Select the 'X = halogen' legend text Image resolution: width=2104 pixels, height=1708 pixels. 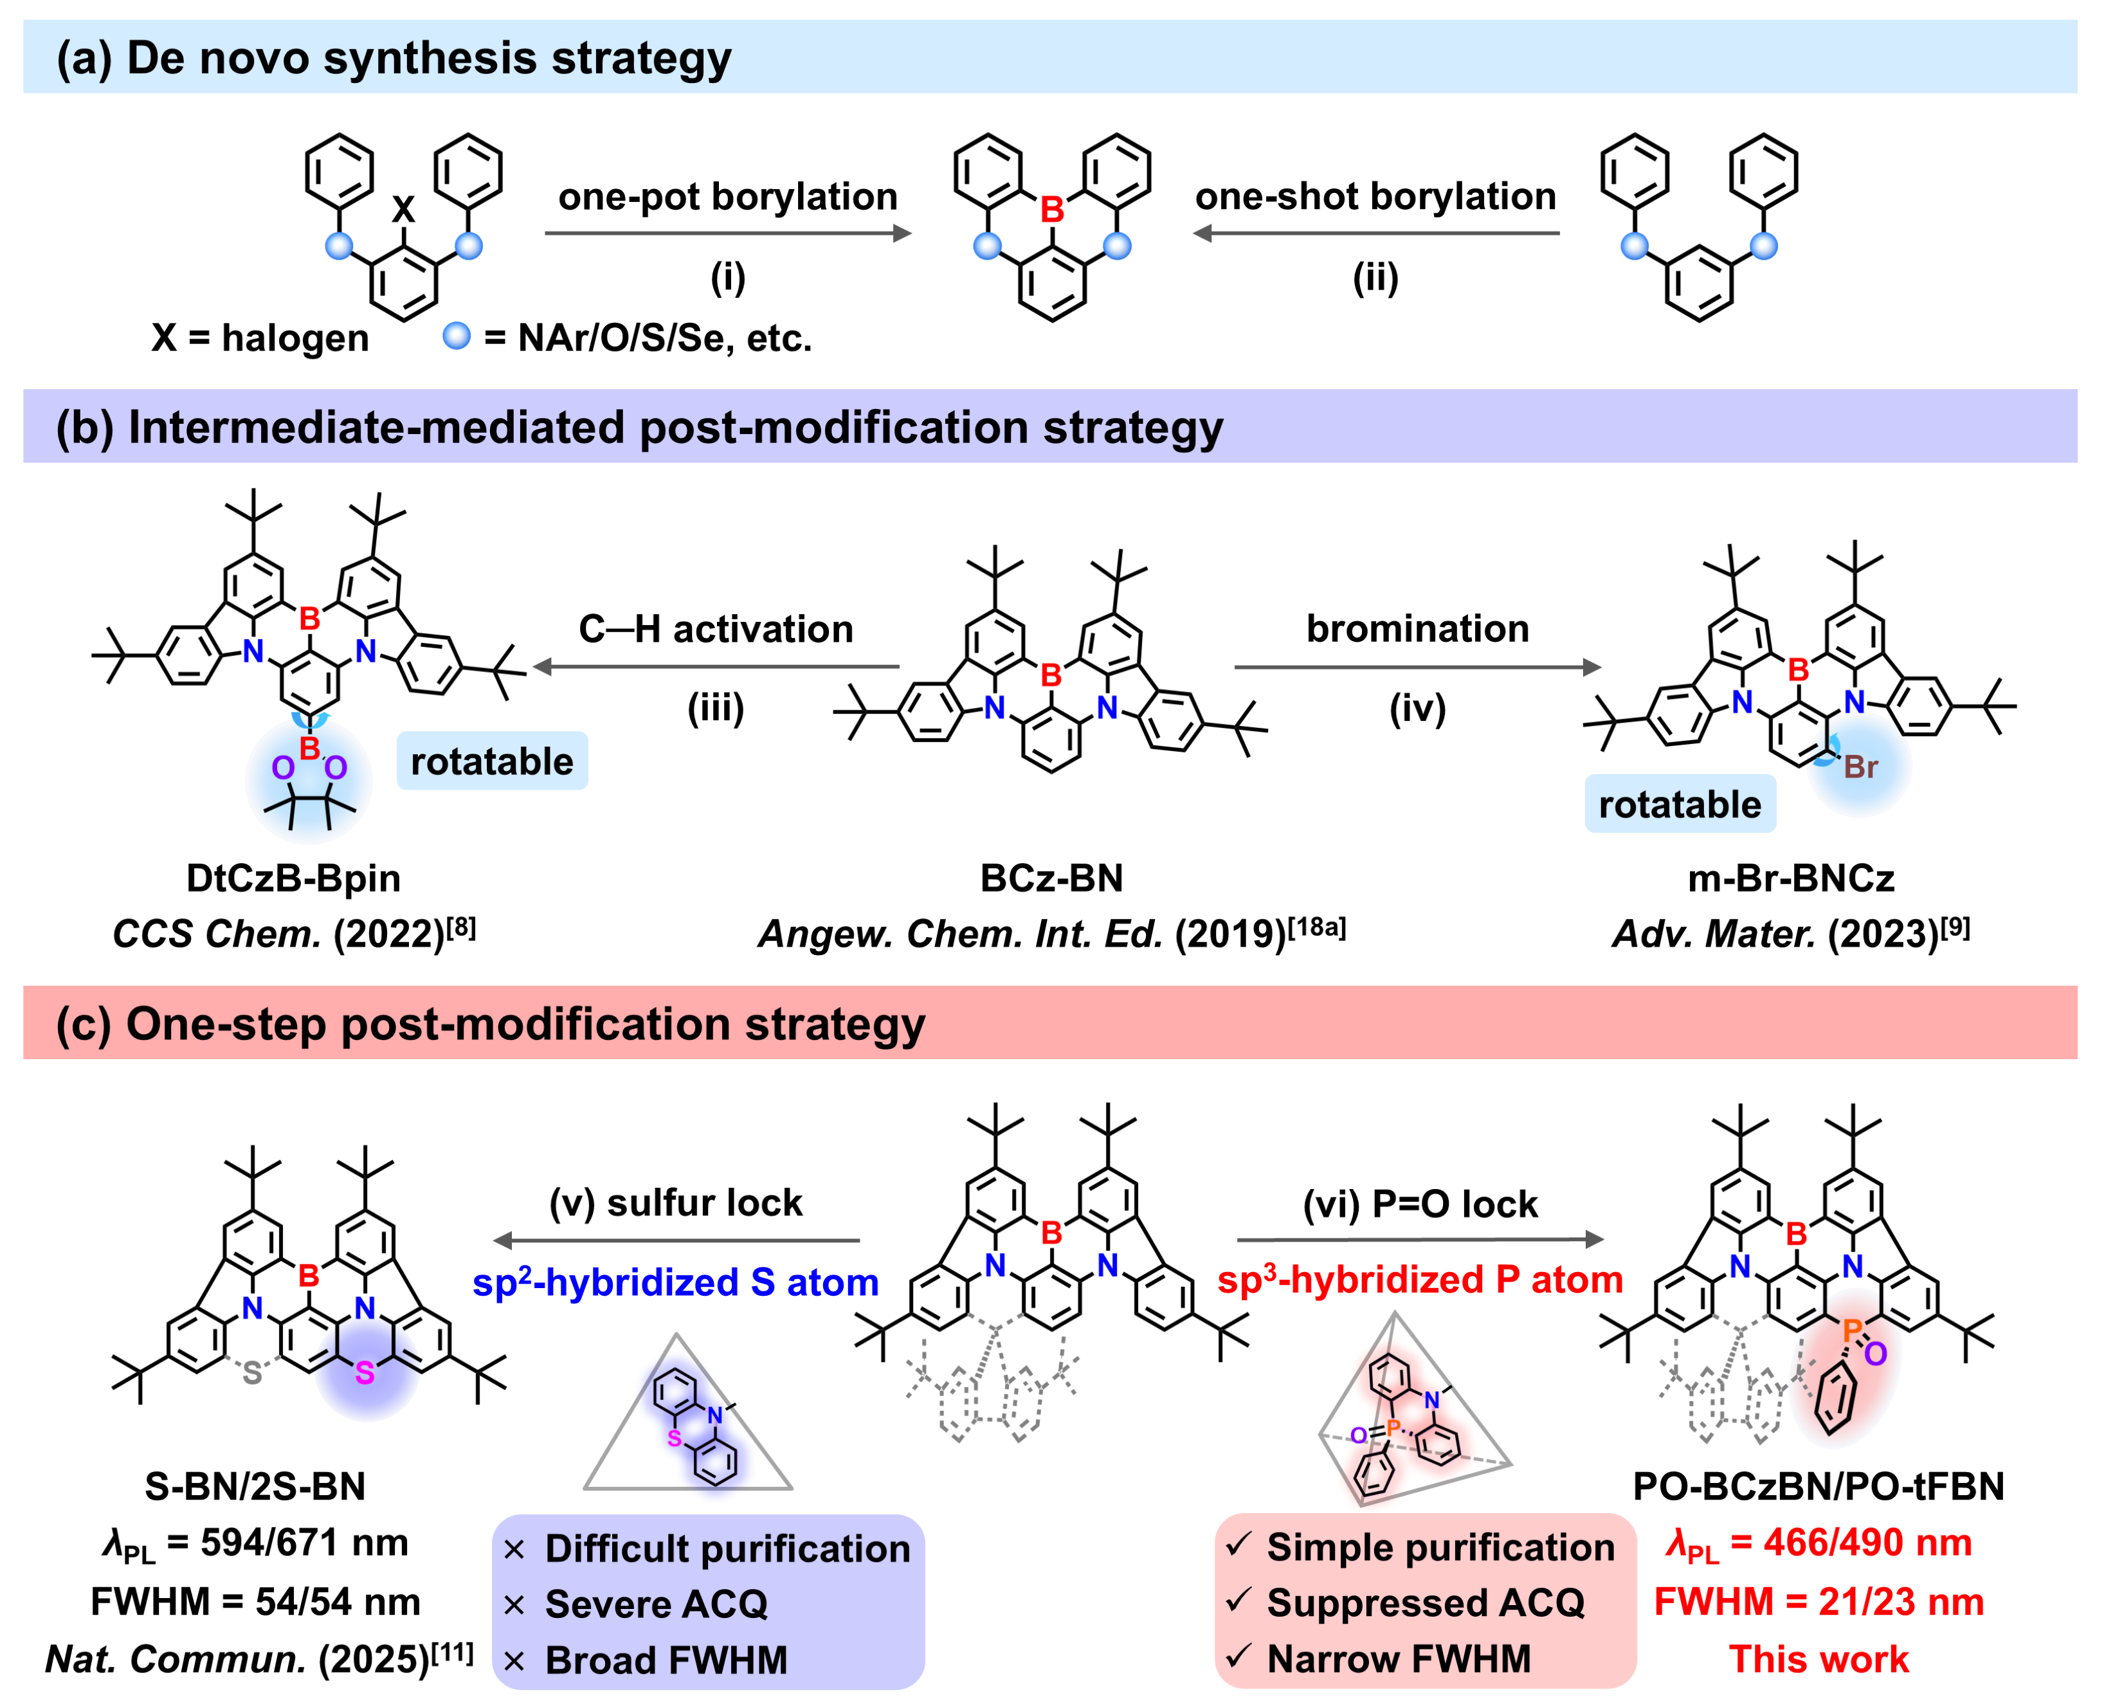point(260,338)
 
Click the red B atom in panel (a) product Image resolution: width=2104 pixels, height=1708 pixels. point(1051,210)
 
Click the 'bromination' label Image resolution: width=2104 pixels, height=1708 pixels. point(1417,629)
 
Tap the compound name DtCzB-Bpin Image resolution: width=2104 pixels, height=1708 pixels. point(293,878)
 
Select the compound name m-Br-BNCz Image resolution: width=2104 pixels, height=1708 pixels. point(1790,878)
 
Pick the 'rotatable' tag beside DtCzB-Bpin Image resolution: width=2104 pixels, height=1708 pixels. point(492,761)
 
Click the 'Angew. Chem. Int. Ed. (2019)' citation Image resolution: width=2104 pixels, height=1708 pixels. point(1051,932)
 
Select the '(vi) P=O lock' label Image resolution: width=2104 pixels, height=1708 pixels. point(1419,1203)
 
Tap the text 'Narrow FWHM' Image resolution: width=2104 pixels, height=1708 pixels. point(1398,1659)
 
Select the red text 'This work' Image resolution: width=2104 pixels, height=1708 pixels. point(1818,1659)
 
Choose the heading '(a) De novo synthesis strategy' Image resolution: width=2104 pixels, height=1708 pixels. point(394,58)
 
